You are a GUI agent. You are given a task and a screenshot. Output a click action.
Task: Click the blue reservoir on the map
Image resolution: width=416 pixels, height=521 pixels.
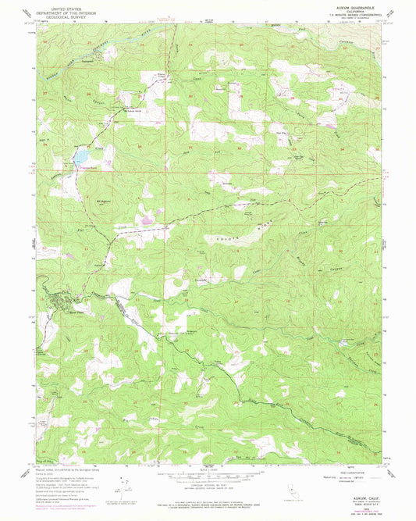click(80, 157)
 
